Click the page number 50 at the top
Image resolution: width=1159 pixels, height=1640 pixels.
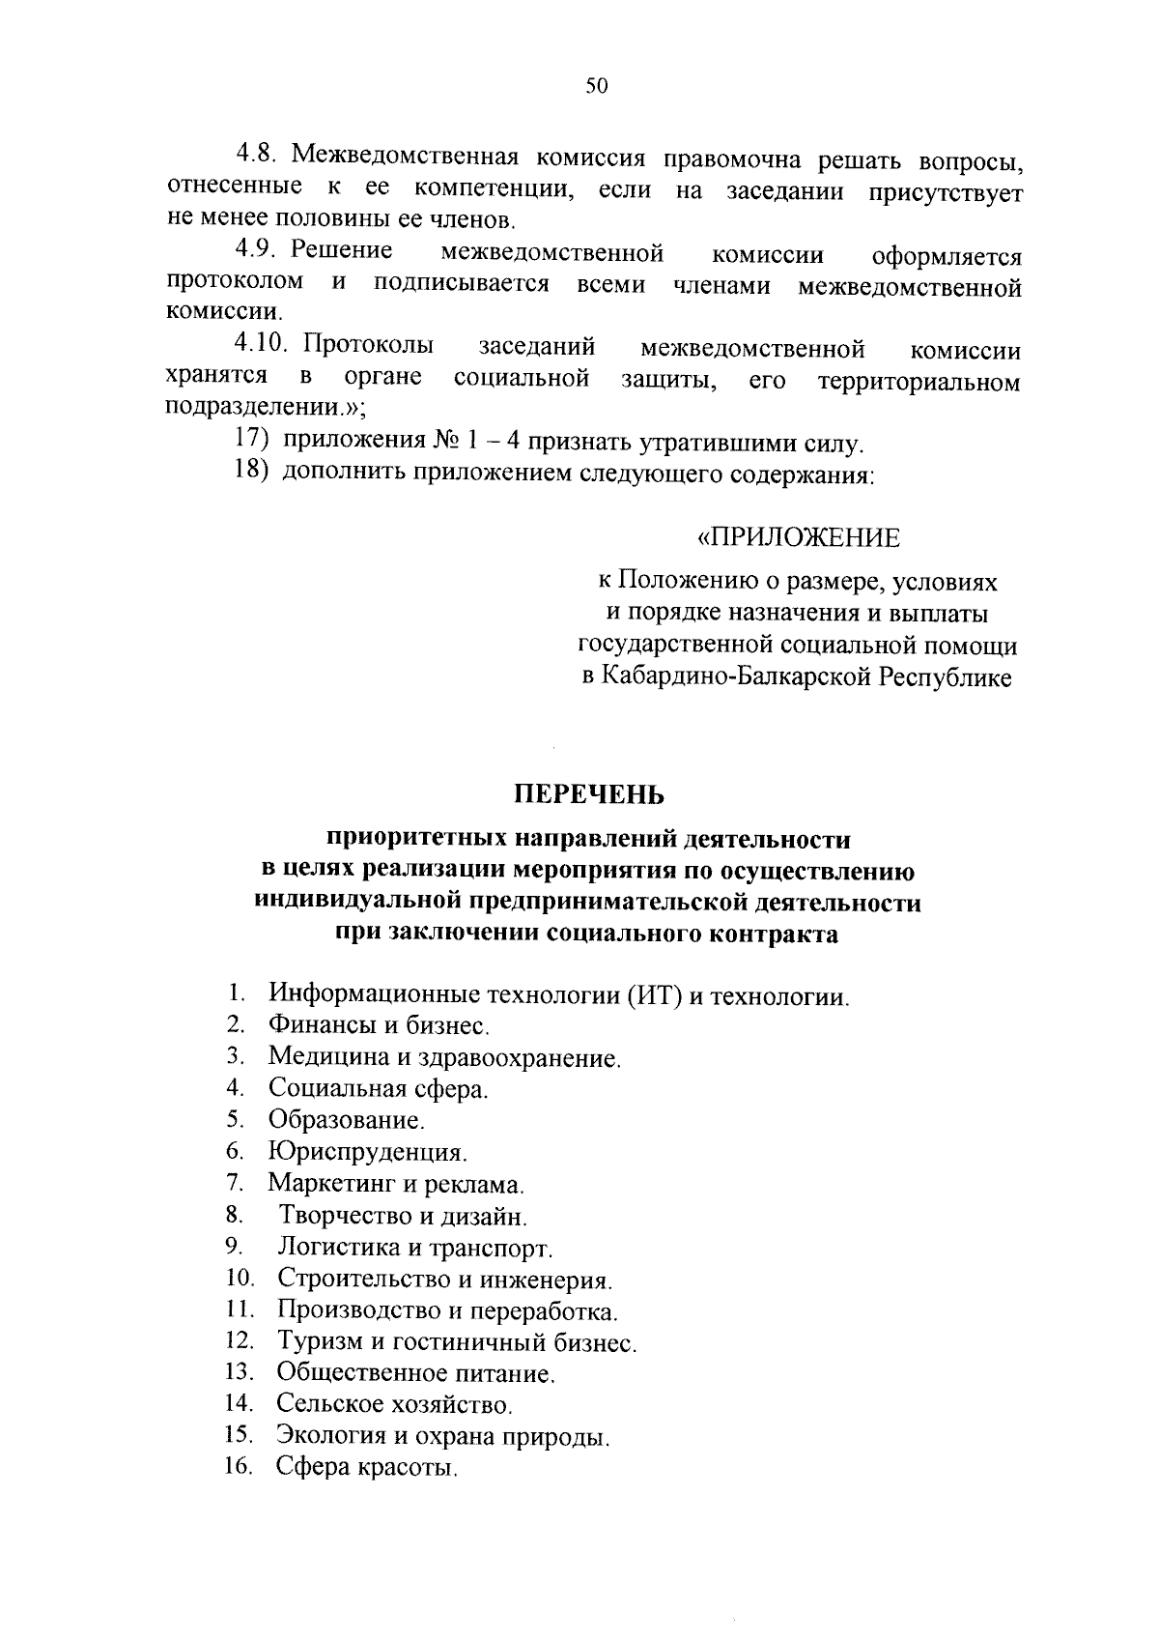(596, 86)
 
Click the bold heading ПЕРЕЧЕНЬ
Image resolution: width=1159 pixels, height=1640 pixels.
(589, 793)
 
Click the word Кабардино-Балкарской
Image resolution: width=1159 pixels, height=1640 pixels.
(736, 677)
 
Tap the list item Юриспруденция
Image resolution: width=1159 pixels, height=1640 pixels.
(367, 1152)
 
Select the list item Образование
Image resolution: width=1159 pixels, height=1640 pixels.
(346, 1120)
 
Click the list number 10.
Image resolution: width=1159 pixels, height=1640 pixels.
(240, 1280)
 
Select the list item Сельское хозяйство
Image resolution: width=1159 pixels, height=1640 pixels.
(394, 1403)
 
